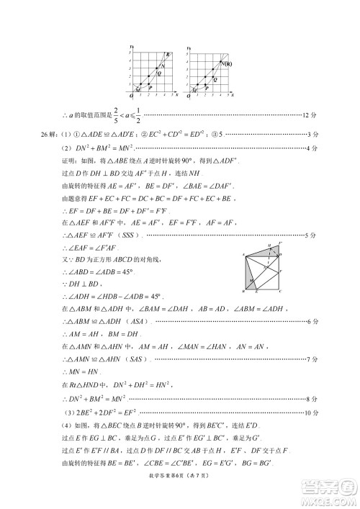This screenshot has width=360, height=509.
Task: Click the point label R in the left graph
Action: coord(168,55)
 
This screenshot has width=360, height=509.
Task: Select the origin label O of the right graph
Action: coord(188,96)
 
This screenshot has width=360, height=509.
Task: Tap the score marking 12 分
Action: coord(309,115)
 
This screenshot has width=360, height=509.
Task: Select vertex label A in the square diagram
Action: coord(242,253)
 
